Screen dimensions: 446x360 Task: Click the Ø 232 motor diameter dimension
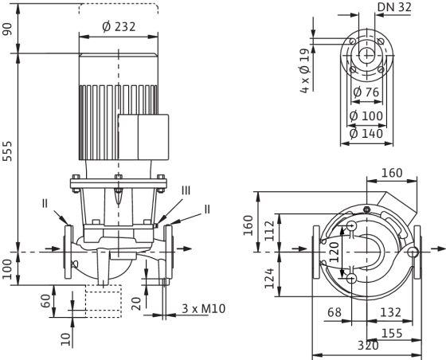pyautogui.click(x=119, y=27)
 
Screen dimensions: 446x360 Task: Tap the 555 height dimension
pyautogui.click(x=7, y=151)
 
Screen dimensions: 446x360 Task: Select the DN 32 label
pyautogui.click(x=394, y=7)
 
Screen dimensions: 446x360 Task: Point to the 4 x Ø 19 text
pyautogui.click(x=304, y=71)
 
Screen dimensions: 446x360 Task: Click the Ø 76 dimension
pyautogui.click(x=366, y=92)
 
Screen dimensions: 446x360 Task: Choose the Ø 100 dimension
pyautogui.click(x=366, y=116)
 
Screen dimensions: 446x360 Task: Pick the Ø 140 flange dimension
pyautogui.click(x=366, y=134)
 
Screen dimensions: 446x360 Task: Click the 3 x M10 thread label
pyautogui.click(x=203, y=308)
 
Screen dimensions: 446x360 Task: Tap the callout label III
pyautogui.click(x=186, y=190)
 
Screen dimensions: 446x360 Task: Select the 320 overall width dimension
pyautogui.click(x=368, y=346)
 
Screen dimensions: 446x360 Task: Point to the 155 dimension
pyautogui.click(x=392, y=333)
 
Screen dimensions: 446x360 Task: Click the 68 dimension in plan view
pyautogui.click(x=334, y=312)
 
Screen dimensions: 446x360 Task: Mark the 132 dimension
pyautogui.click(x=390, y=312)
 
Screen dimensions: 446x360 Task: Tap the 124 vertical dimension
pyautogui.click(x=269, y=278)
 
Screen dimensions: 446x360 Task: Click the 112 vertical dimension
pyautogui.click(x=269, y=231)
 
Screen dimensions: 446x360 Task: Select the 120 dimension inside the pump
pyautogui.click(x=334, y=252)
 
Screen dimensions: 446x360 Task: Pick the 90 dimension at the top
pyautogui.click(x=8, y=29)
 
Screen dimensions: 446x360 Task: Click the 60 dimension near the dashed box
pyautogui.click(x=46, y=301)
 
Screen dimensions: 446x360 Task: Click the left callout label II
pyautogui.click(x=45, y=204)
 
